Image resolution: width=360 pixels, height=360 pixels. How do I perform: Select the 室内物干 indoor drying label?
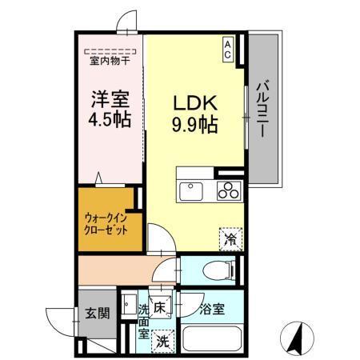click(x=110, y=59)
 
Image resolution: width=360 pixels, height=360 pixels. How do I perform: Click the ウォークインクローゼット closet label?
click(x=106, y=222)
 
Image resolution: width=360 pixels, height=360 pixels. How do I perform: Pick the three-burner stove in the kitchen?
click(x=228, y=191)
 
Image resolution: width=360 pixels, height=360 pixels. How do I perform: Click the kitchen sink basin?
click(x=192, y=192)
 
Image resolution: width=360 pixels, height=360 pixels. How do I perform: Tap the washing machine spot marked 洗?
click(x=163, y=339)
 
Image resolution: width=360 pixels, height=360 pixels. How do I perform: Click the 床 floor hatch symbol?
click(x=159, y=306)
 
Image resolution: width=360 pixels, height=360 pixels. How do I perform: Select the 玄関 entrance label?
click(x=98, y=313)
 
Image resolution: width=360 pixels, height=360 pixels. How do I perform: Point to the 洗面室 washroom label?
click(x=143, y=321)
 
